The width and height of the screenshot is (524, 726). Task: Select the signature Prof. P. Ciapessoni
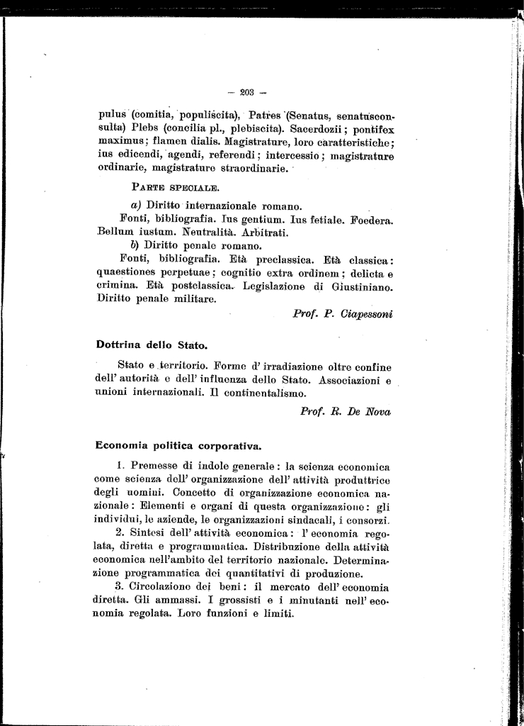point(343,313)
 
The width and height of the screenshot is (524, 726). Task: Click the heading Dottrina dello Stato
point(152,345)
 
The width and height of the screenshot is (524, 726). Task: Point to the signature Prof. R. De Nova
point(346,411)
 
